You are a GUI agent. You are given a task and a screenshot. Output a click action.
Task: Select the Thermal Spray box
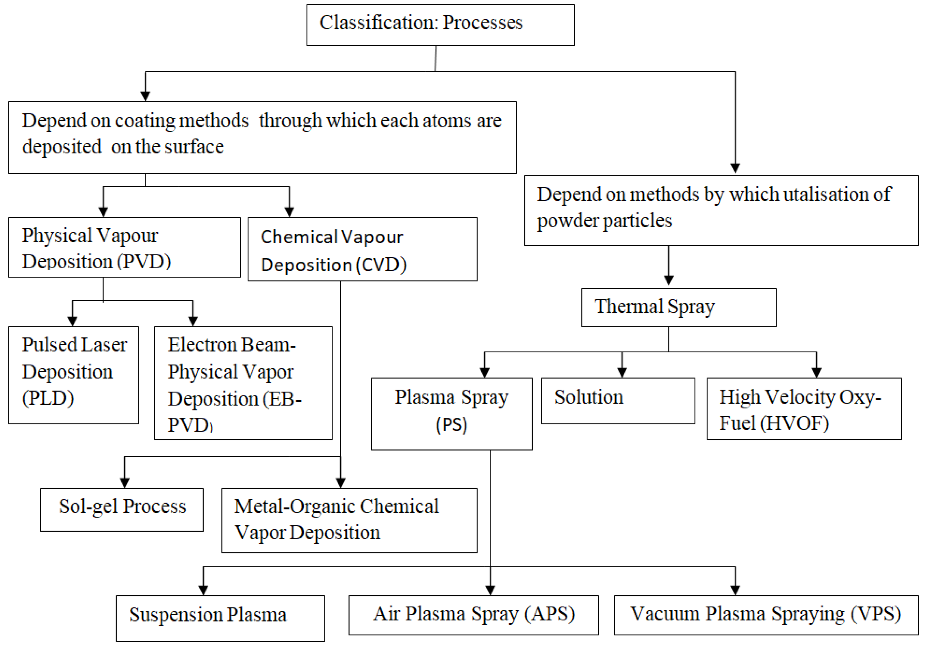tap(678, 307)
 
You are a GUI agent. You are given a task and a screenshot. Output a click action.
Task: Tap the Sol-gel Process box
tap(122, 509)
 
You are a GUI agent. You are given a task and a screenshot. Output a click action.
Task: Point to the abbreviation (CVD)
tap(381, 265)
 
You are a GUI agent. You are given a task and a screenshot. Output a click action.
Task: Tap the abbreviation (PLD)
tap(48, 398)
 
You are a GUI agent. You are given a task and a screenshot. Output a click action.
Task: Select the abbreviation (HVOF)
tap(794, 423)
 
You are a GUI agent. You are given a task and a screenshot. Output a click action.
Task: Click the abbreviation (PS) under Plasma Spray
tap(451, 425)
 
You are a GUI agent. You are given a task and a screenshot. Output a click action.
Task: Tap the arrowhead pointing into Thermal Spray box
tap(669, 280)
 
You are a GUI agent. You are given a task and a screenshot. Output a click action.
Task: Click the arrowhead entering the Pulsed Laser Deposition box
tap(73, 321)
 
